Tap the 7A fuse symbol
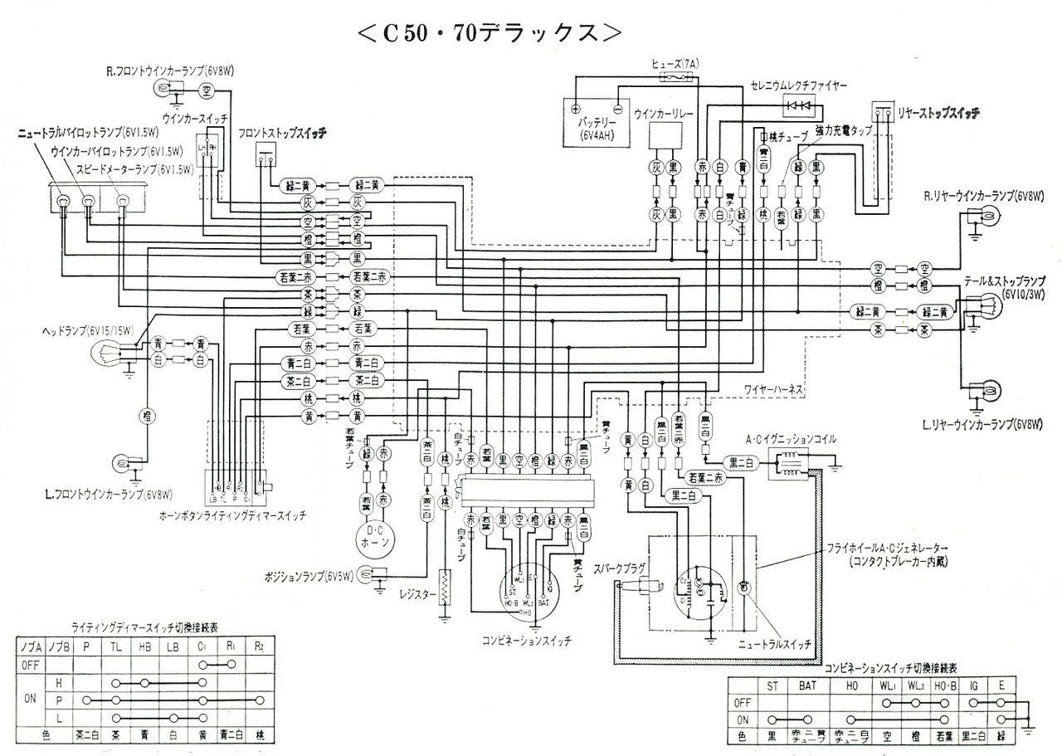(673, 76)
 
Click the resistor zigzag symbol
(446, 588)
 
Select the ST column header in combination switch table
(772, 685)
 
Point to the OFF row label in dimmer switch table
(30, 664)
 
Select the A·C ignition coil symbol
(784, 463)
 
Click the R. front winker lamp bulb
(161, 90)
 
